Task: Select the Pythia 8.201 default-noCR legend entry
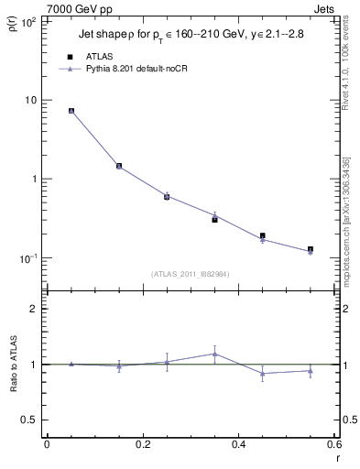[x=128, y=69]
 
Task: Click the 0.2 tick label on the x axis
[x=142, y=444]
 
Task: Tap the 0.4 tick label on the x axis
[x=238, y=444]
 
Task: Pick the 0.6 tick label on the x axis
[x=333, y=444]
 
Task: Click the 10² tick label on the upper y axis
[x=27, y=20]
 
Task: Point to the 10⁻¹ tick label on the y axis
[x=27, y=258]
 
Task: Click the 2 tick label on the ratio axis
[x=34, y=309]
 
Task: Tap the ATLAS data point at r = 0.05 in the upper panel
[x=71, y=111]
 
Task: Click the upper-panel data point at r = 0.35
[x=215, y=219]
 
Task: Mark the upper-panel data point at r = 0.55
[x=311, y=249]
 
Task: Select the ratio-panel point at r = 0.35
[x=215, y=354]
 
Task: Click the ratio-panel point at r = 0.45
[x=263, y=373]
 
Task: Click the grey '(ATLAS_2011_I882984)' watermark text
[x=191, y=273]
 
